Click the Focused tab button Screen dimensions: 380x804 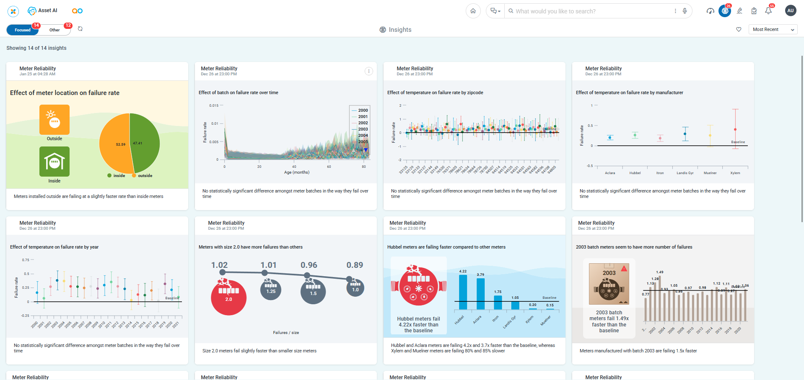(x=23, y=30)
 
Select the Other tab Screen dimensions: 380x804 (x=54, y=30)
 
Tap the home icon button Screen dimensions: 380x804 (x=473, y=11)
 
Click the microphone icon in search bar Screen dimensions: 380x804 (x=685, y=11)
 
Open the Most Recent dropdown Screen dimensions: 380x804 (x=773, y=29)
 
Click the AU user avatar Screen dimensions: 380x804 (x=790, y=11)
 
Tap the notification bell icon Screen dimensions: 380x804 (x=768, y=11)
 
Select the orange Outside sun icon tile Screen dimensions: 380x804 (x=54, y=119)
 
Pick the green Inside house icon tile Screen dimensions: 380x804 (x=54, y=162)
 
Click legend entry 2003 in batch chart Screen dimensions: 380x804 (x=363, y=129)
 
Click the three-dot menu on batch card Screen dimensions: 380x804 (x=368, y=71)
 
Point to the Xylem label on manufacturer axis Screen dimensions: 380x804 (x=735, y=173)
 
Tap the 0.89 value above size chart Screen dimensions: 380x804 (x=355, y=265)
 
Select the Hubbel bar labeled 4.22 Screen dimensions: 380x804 (x=463, y=292)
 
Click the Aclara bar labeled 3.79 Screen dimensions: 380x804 (x=480, y=294)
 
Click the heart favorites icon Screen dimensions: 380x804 (x=739, y=29)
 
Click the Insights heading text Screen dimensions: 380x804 (x=400, y=30)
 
